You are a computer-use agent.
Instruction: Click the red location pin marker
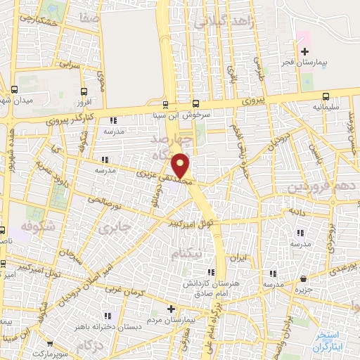pos(181,165)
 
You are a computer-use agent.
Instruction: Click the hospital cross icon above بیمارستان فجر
pos(304,51)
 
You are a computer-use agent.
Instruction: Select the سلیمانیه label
pos(325,108)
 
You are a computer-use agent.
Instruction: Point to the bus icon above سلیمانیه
pos(325,96)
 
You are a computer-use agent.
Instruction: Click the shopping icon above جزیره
pos(303,278)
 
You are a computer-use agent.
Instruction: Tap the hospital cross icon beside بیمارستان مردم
pos(170,309)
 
